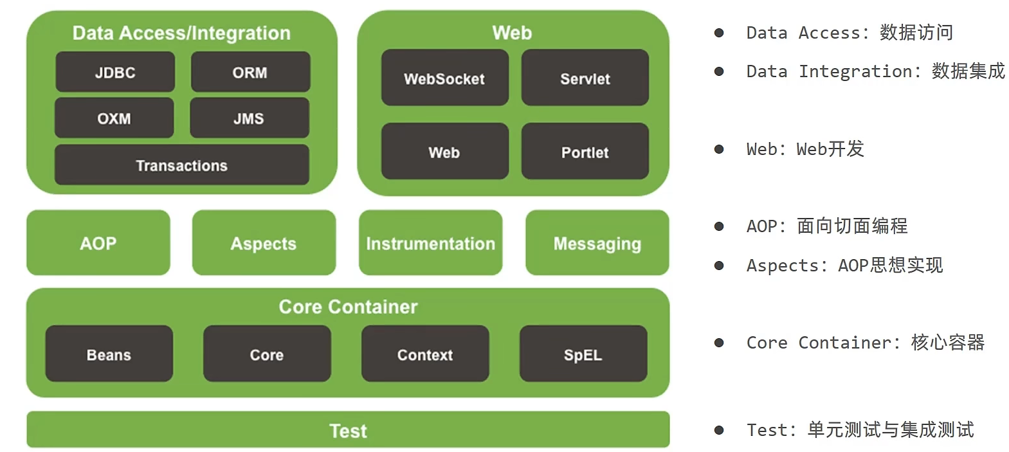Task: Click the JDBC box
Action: (x=115, y=72)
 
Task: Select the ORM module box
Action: (x=250, y=72)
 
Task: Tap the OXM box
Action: (x=114, y=118)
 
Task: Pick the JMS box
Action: (x=249, y=118)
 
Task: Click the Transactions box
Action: (x=181, y=165)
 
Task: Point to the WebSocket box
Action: (x=444, y=78)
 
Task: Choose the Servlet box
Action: (x=585, y=78)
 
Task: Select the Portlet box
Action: (x=585, y=152)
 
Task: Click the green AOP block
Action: (x=98, y=243)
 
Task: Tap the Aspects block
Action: (x=264, y=243)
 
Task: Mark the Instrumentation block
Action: (x=430, y=243)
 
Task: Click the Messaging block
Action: (x=597, y=243)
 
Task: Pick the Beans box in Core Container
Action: (x=109, y=354)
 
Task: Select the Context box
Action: (x=424, y=354)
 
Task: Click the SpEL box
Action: (x=583, y=354)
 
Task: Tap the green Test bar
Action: (x=348, y=430)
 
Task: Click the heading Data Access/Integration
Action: (x=181, y=33)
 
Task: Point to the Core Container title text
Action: (x=348, y=307)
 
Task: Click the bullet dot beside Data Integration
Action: (x=719, y=71)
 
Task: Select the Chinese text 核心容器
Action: (x=948, y=342)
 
